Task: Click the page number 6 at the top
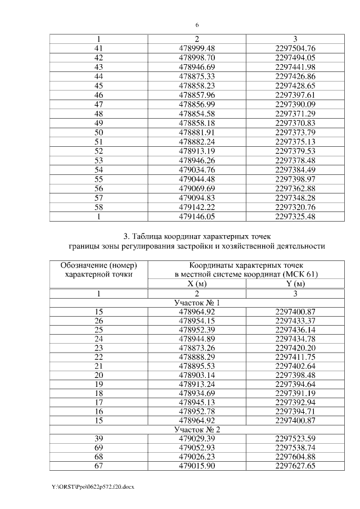pos(197,25)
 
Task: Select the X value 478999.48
pos(197,48)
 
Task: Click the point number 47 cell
pos(98,105)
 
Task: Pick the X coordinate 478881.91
pos(197,133)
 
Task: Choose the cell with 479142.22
pos(197,208)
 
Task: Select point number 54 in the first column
pos(98,170)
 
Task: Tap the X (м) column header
pos(197,284)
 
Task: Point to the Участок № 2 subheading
pos(197,430)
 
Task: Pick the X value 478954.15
pos(197,322)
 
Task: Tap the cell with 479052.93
pos(197,448)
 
